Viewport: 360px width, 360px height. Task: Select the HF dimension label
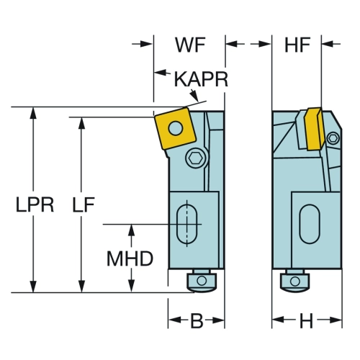pyautogui.click(x=297, y=45)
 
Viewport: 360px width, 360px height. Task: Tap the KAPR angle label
pyautogui.click(x=201, y=79)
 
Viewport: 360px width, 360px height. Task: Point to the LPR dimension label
pyautogui.click(x=35, y=204)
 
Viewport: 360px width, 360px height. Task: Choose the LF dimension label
pyautogui.click(x=84, y=204)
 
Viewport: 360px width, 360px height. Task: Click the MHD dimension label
pyautogui.click(x=130, y=258)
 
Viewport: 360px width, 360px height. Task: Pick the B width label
pyautogui.click(x=197, y=321)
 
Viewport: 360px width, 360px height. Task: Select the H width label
pyautogui.click(x=307, y=321)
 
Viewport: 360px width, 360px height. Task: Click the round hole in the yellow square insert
pyautogui.click(x=176, y=127)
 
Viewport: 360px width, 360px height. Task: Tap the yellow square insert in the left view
pyautogui.click(x=175, y=128)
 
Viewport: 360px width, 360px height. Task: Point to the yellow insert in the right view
pyautogui.click(x=315, y=129)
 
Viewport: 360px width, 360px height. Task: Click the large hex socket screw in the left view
pyautogui.click(x=197, y=158)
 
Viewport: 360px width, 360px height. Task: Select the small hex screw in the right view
pyautogui.click(x=334, y=138)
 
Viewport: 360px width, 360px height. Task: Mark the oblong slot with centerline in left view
pyautogui.click(x=187, y=224)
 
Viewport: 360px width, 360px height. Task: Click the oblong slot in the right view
pyautogui.click(x=310, y=224)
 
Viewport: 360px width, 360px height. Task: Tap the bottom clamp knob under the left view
pyautogui.click(x=202, y=281)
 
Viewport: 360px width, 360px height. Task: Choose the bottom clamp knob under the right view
pyautogui.click(x=294, y=281)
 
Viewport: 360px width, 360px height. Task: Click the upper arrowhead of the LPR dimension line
pyautogui.click(x=33, y=113)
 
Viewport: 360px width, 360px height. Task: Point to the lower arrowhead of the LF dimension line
pyautogui.click(x=82, y=287)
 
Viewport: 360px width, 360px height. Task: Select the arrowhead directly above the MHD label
pyautogui.click(x=131, y=230)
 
